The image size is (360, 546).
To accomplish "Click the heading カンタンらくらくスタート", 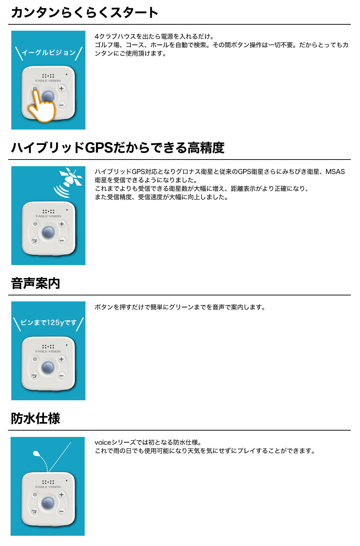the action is [85, 13].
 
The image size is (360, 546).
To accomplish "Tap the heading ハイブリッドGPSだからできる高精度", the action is [118, 148].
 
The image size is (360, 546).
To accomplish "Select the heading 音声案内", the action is [36, 283].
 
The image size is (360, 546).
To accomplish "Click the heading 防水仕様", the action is [36, 419].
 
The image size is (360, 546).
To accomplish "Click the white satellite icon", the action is [71, 177].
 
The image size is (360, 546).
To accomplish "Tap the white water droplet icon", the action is [36, 454].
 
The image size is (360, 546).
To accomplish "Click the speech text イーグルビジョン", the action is [49, 53].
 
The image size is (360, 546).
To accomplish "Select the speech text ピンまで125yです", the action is [48, 323].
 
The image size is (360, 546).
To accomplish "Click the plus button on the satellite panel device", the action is [62, 224].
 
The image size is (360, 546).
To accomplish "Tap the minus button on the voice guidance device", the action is [61, 376].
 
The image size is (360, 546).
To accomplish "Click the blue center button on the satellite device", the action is [48, 232].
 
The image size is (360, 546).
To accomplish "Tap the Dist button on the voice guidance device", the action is [35, 376].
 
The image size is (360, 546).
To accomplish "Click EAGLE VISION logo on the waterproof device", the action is [48, 487].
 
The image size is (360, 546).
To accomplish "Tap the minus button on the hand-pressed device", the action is [61, 105].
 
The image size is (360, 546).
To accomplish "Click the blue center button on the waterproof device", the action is [48, 503].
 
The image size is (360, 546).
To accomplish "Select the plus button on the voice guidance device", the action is [61, 359].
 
